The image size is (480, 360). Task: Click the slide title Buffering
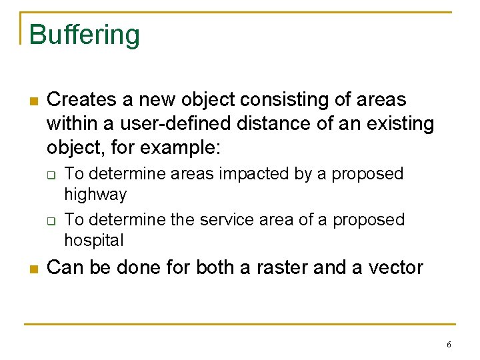click(85, 35)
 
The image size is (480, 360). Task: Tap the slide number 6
click(449, 345)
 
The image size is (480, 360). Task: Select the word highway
click(95, 195)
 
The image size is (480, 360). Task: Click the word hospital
click(94, 240)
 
